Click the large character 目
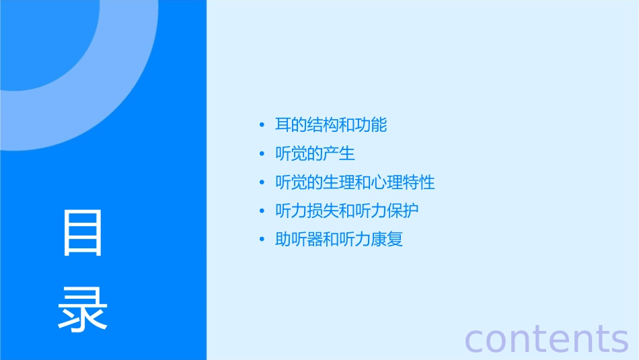point(83,233)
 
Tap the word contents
point(546,338)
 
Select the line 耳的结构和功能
point(331,125)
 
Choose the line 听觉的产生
point(315,153)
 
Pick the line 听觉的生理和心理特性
point(355,182)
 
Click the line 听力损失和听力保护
point(347,211)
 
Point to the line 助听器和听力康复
point(339,240)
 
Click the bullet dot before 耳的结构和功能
point(262,126)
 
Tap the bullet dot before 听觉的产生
point(262,154)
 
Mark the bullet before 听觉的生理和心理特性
point(262,183)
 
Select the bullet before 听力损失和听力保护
point(262,211)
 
